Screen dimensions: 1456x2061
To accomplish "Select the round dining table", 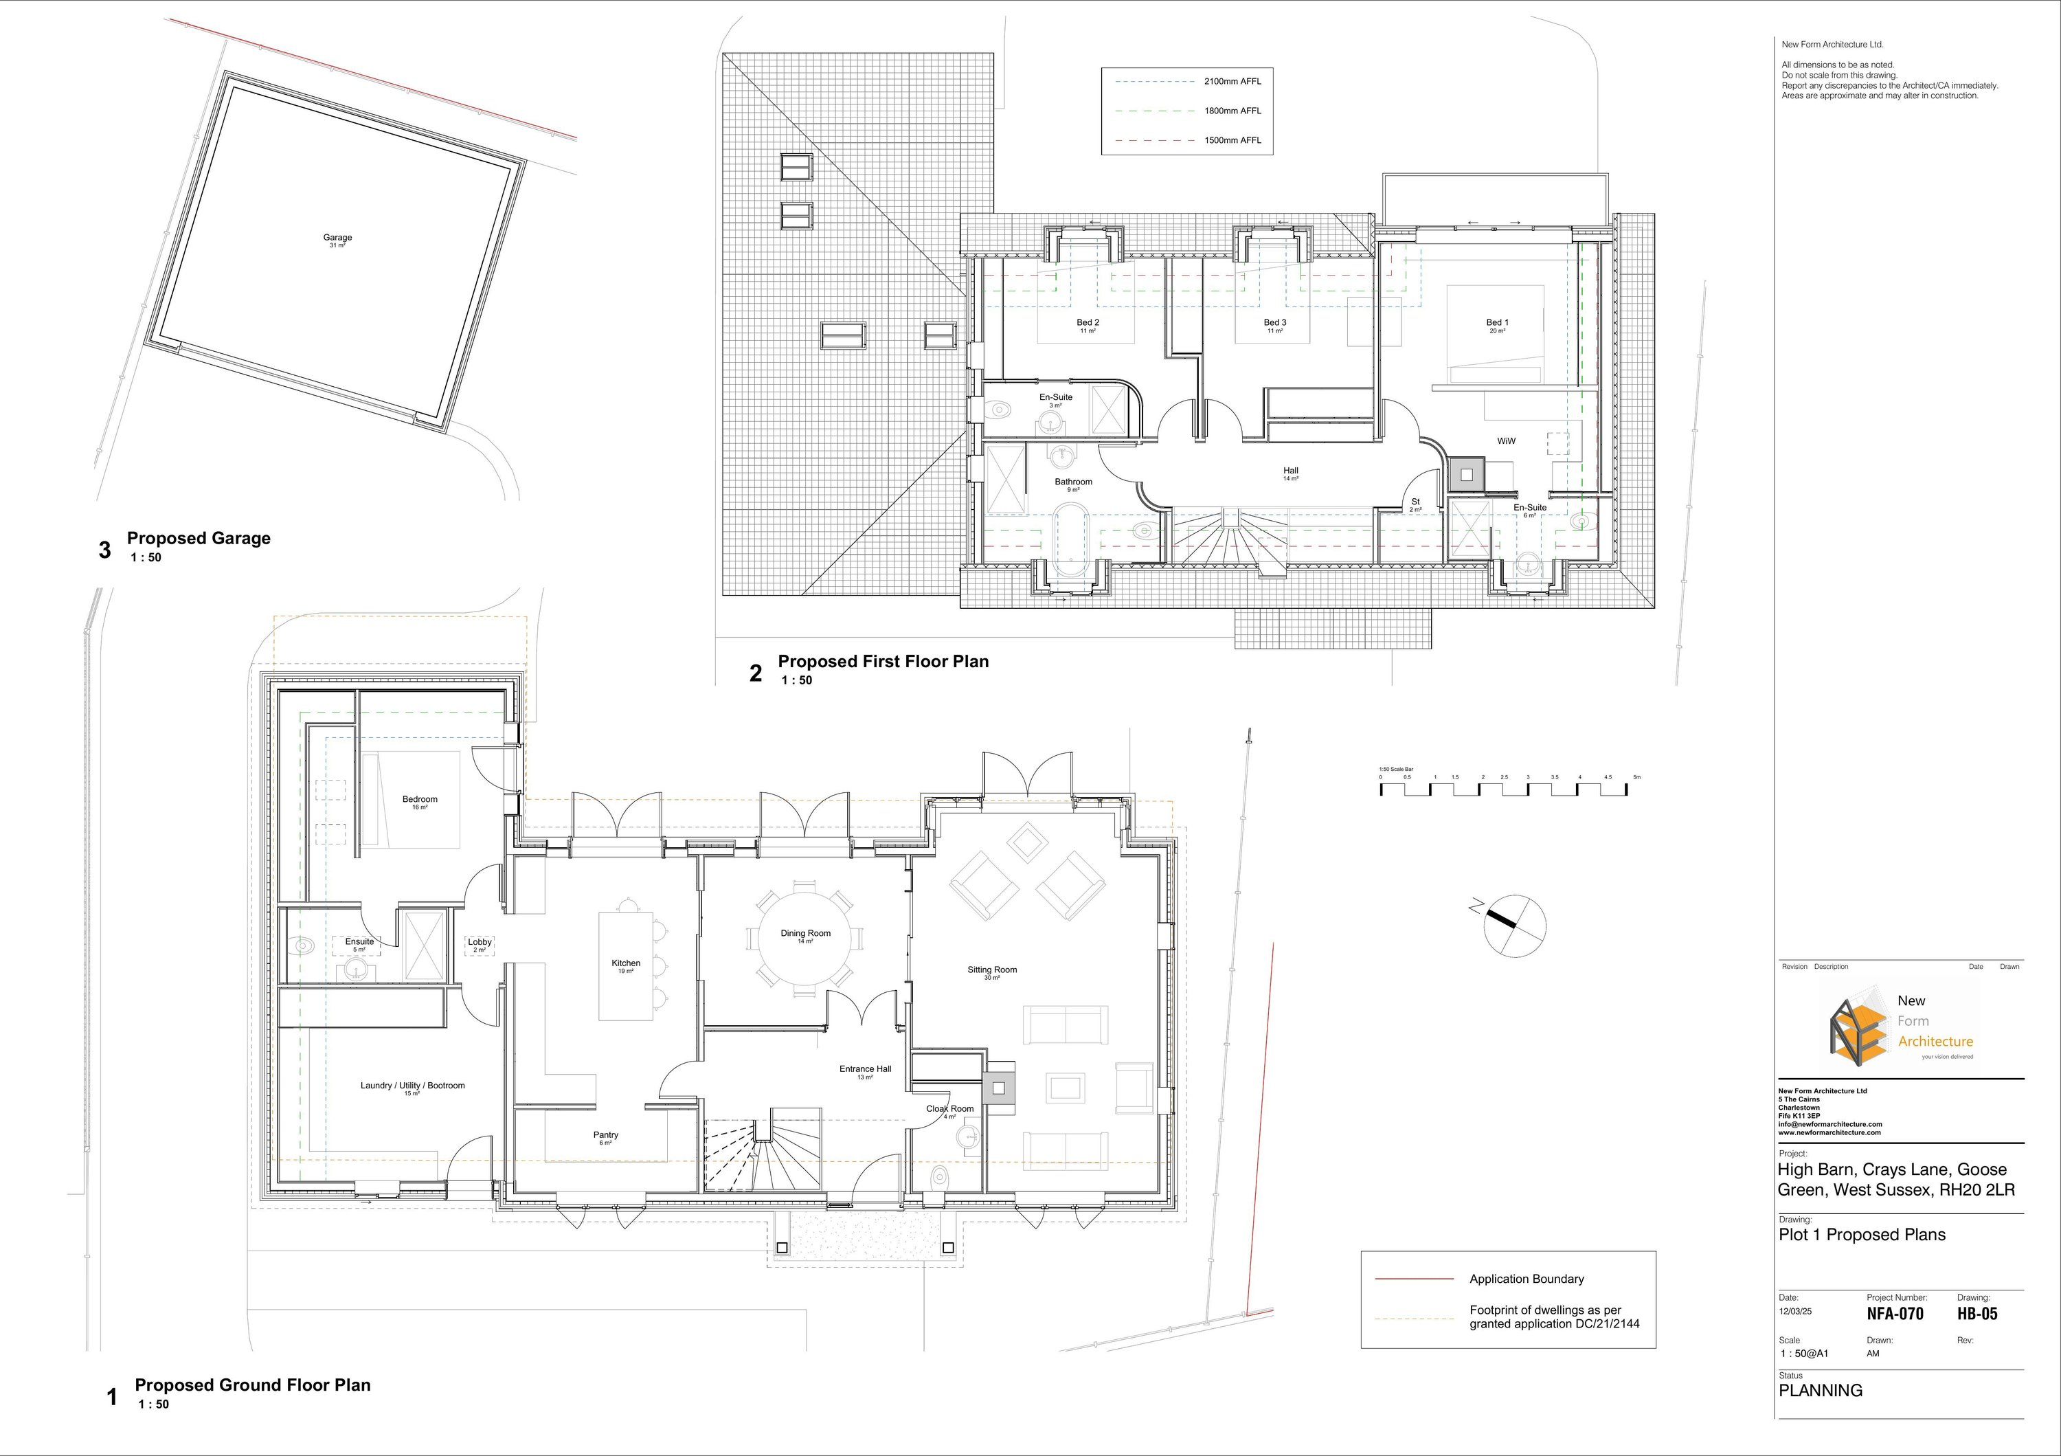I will point(805,937).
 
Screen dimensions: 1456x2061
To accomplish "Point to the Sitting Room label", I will point(992,970).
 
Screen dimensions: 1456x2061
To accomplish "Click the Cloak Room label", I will point(949,1108).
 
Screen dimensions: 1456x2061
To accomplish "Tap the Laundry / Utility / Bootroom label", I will point(412,1085).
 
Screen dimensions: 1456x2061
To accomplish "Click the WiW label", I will point(1507,440).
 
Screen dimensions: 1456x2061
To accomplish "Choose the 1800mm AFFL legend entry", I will point(1232,111).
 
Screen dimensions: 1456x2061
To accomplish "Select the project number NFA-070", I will point(1895,1313).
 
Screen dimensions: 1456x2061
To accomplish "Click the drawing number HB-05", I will point(1977,1313).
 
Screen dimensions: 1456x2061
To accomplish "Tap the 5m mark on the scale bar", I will point(1636,777).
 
